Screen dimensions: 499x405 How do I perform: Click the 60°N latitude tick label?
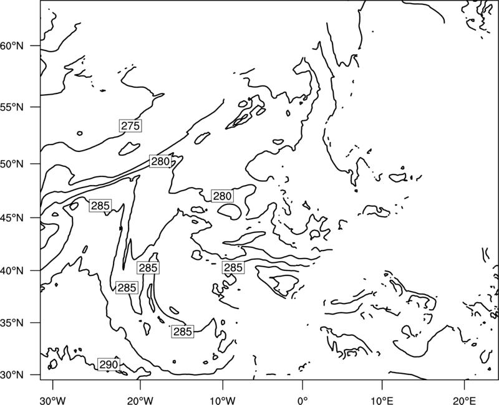(12, 46)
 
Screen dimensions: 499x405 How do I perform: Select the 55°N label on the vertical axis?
(12, 107)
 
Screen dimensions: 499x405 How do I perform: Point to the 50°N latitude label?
(12, 164)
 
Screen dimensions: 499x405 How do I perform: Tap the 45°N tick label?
(12, 217)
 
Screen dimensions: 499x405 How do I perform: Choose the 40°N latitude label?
(12, 271)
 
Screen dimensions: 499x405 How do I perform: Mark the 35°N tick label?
(12, 323)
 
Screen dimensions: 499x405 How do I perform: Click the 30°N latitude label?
(12, 375)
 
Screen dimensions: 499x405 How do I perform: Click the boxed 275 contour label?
(130, 126)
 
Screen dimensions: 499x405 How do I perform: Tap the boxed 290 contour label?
(109, 364)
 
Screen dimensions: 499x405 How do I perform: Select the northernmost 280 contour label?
(160, 161)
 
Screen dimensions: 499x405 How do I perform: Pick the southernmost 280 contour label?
(223, 196)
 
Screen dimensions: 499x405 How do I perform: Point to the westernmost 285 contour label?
(100, 206)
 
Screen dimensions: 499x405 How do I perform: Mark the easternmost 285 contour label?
(233, 268)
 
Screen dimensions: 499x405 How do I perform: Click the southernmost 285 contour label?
(183, 331)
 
